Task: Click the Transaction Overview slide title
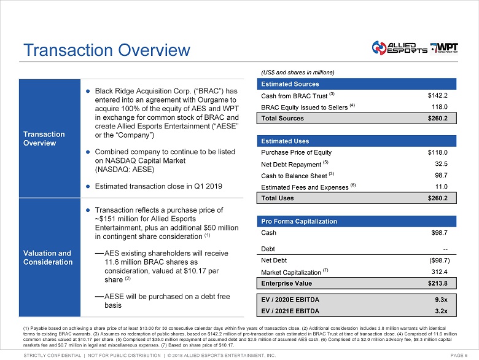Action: pyautogui.click(x=106, y=50)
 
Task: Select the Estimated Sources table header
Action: pyautogui.click(x=290, y=84)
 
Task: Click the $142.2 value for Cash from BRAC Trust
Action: pyautogui.click(x=437, y=95)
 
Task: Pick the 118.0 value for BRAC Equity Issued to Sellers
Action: pyautogui.click(x=440, y=106)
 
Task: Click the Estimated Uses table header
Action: pyautogui.click(x=286, y=141)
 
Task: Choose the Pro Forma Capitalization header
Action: pyautogui.click(x=299, y=221)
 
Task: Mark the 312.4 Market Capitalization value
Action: pyautogui.click(x=438, y=272)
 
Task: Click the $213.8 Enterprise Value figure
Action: pyautogui.click(x=436, y=283)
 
